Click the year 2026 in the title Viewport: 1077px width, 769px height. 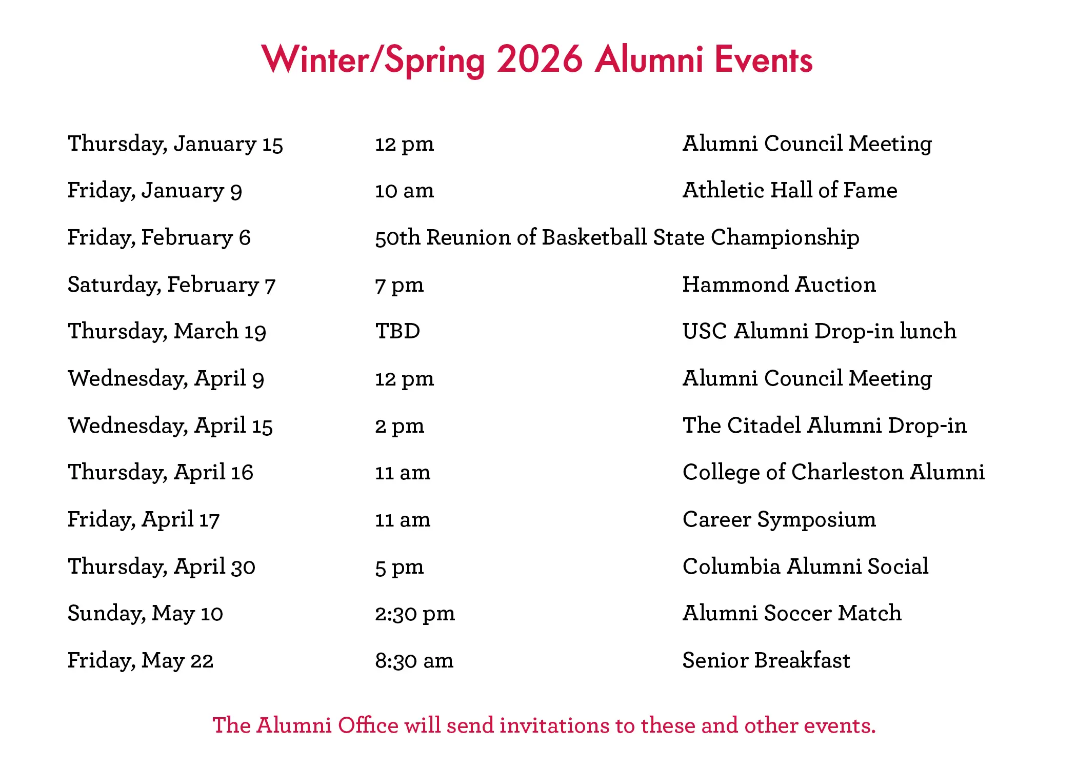(540, 59)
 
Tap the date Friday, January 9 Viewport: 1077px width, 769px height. (155, 191)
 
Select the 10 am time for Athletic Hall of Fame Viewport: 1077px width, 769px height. (405, 191)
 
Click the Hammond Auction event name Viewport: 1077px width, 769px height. (779, 285)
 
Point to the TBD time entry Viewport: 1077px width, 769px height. (397, 331)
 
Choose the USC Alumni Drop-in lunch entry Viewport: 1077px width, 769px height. (820, 331)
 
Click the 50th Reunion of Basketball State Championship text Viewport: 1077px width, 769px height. (617, 238)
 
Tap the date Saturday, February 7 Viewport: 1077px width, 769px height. (172, 285)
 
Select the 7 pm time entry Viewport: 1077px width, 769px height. (400, 286)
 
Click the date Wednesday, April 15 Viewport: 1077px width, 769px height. (170, 426)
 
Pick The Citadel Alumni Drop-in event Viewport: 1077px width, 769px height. (825, 426)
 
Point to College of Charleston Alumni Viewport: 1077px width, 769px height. (834, 473)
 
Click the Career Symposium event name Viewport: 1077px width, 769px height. (780, 520)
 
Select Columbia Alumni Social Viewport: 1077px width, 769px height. (806, 566)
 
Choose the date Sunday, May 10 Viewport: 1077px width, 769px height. (146, 614)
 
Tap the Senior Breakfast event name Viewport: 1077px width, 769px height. (766, 660)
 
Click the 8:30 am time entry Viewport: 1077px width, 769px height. (414, 661)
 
